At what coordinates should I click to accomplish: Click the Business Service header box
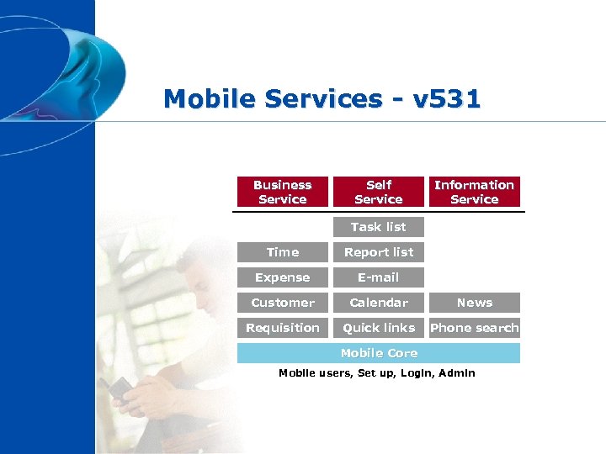[x=282, y=192]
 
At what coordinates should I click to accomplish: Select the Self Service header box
[x=378, y=192]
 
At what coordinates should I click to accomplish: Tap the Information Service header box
[x=474, y=192]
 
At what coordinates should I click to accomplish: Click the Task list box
[x=378, y=227]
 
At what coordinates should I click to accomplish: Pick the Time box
[x=282, y=252]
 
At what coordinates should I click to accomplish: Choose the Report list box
[x=378, y=252]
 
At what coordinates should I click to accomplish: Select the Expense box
[x=282, y=277]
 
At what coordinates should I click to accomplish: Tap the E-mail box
[x=378, y=277]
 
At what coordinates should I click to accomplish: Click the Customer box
[x=282, y=303]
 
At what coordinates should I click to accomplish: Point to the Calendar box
[x=378, y=303]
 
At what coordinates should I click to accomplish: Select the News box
[x=474, y=303]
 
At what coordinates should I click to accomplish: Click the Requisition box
[x=282, y=328]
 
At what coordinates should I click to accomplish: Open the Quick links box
[x=378, y=328]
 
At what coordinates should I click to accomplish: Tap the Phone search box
[x=474, y=328]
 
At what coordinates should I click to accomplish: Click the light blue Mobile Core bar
[x=378, y=353]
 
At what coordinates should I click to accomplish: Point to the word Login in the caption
[x=415, y=373]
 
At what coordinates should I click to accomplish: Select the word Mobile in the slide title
[x=210, y=99]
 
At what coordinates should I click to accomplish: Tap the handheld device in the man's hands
[x=123, y=388]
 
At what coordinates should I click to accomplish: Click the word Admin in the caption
[x=457, y=373]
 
